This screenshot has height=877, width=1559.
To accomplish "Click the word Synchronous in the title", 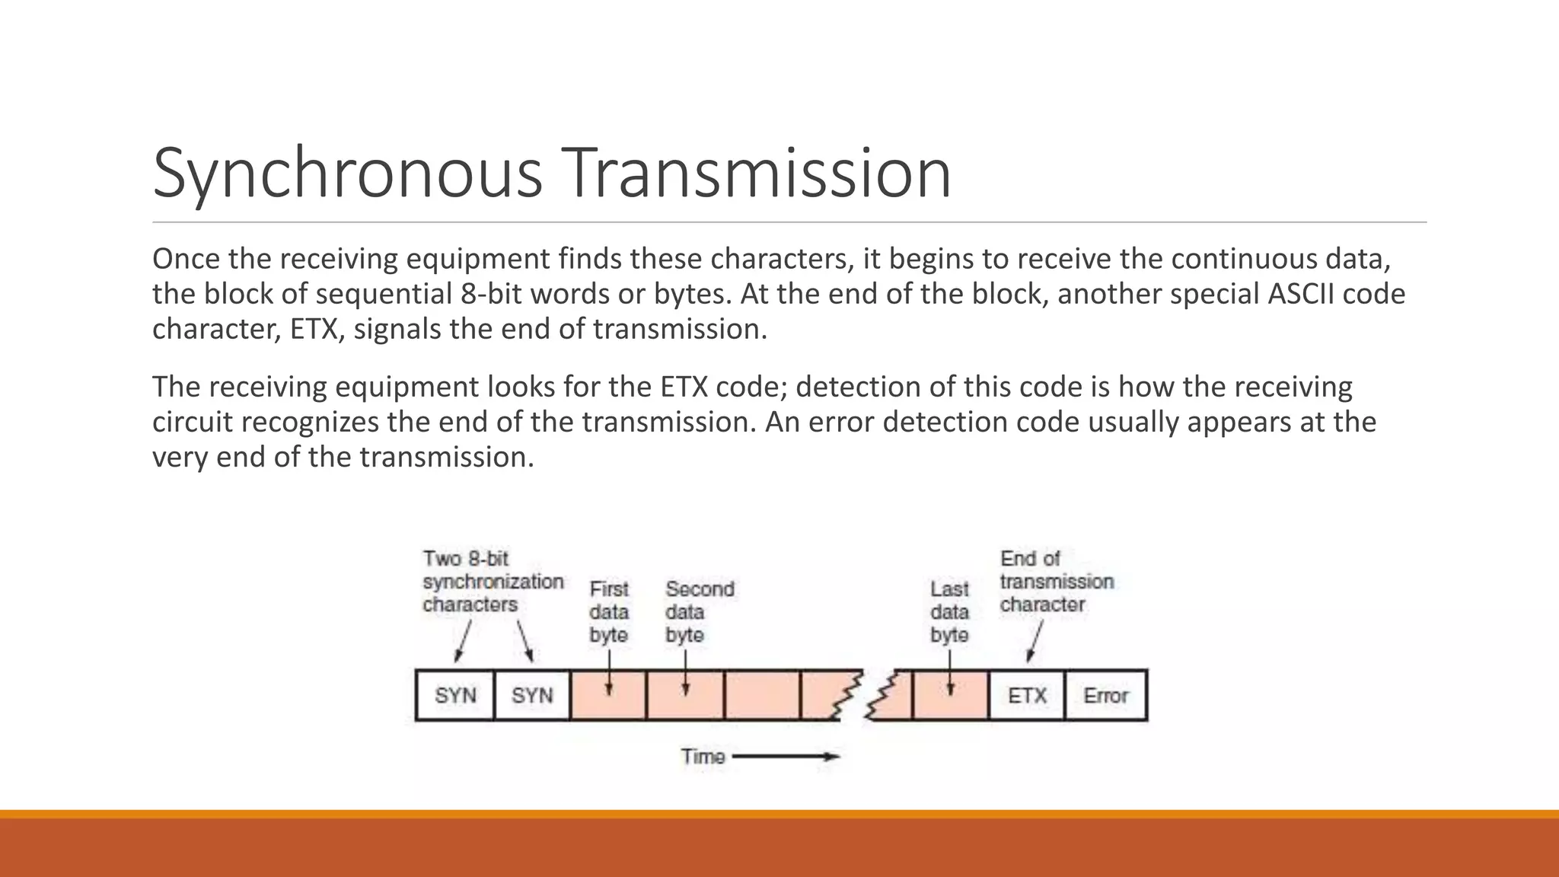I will (347, 174).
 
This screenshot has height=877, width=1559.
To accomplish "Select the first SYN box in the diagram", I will (455, 695).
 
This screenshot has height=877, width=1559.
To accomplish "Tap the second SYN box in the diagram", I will (532, 695).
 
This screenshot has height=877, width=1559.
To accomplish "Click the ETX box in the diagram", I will (1027, 695).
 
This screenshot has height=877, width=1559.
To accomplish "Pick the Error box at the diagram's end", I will (1105, 695).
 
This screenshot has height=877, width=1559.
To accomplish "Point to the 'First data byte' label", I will (609, 612).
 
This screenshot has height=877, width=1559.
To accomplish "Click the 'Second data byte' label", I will (699, 612).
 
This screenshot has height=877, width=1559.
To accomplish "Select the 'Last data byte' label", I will (949, 612).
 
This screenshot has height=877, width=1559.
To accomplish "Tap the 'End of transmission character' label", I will (1056, 582).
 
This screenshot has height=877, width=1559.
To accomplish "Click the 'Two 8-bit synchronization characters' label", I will (493, 582).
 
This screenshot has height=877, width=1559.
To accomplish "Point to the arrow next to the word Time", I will (786, 757).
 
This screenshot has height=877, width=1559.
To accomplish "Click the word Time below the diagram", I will (703, 757).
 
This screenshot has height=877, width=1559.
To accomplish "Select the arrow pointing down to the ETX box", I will (1035, 642).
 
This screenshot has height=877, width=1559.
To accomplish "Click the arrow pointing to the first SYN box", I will (463, 641).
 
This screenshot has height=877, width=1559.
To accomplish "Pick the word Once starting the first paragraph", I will (185, 259).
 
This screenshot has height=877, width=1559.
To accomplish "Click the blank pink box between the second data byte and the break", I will (762, 695).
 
